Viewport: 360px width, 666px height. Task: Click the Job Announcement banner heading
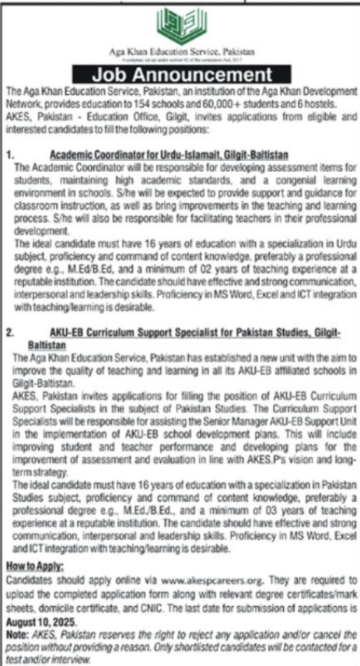pos(180,75)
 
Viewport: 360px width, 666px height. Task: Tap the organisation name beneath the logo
pos(180,53)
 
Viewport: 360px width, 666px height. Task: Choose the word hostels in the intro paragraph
pos(321,101)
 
